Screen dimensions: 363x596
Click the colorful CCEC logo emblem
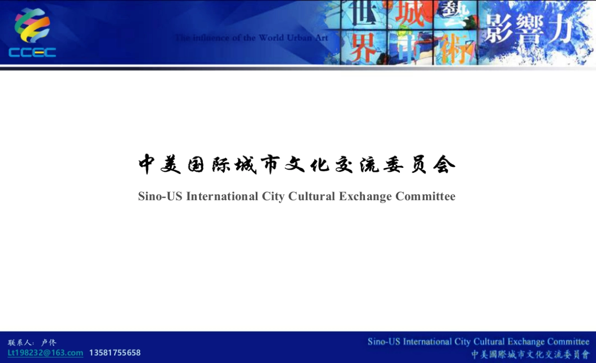click(x=32, y=26)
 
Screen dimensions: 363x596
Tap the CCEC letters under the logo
click(x=32, y=53)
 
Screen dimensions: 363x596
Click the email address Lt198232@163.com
click(x=45, y=353)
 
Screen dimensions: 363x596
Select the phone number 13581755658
click(x=115, y=353)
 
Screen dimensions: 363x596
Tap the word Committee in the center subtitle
click(x=425, y=196)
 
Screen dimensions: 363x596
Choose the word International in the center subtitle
click(x=222, y=196)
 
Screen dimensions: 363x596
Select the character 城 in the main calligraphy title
click(x=245, y=164)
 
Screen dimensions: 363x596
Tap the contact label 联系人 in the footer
click(x=20, y=343)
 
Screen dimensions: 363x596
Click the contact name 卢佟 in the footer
click(x=49, y=343)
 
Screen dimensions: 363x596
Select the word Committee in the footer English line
click(x=568, y=342)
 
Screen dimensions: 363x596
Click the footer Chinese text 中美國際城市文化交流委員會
click(x=529, y=354)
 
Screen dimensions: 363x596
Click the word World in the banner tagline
click(x=271, y=38)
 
